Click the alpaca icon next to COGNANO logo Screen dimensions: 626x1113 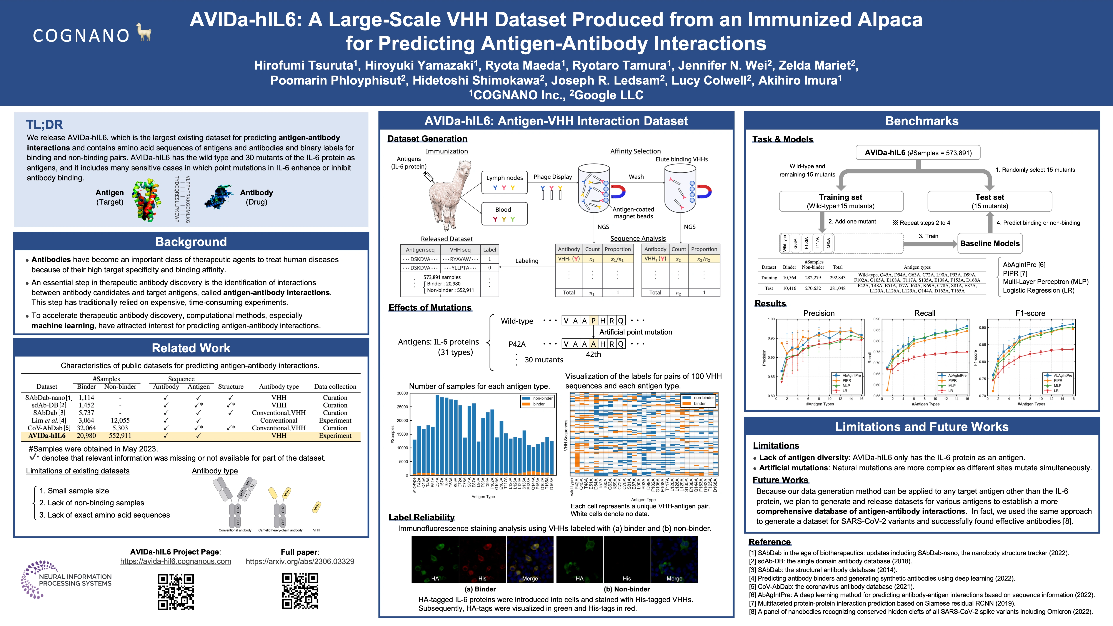pos(144,32)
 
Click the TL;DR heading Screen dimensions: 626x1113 pos(45,125)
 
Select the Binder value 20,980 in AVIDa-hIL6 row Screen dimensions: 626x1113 pos(87,435)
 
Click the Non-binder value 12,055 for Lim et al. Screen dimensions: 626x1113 pos(120,420)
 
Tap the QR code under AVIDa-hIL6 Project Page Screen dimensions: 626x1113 pos(175,591)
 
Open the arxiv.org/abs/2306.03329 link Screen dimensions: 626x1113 pos(300,561)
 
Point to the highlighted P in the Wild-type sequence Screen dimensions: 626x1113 pos(593,321)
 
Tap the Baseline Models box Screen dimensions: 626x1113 pos(990,243)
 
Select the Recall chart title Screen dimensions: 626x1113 pos(925,313)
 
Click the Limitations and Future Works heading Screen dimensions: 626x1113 pos(922,427)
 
